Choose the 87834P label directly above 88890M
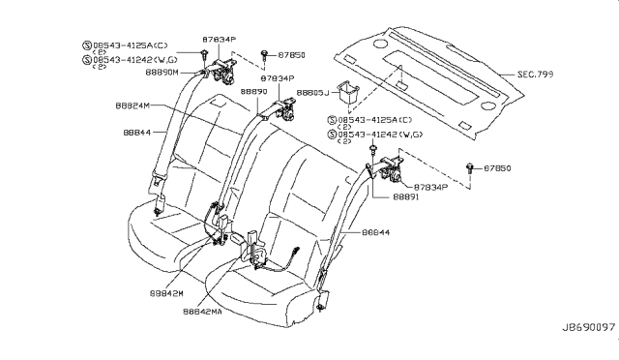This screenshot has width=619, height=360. (x=220, y=40)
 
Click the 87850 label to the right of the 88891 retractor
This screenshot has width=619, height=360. (x=501, y=167)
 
